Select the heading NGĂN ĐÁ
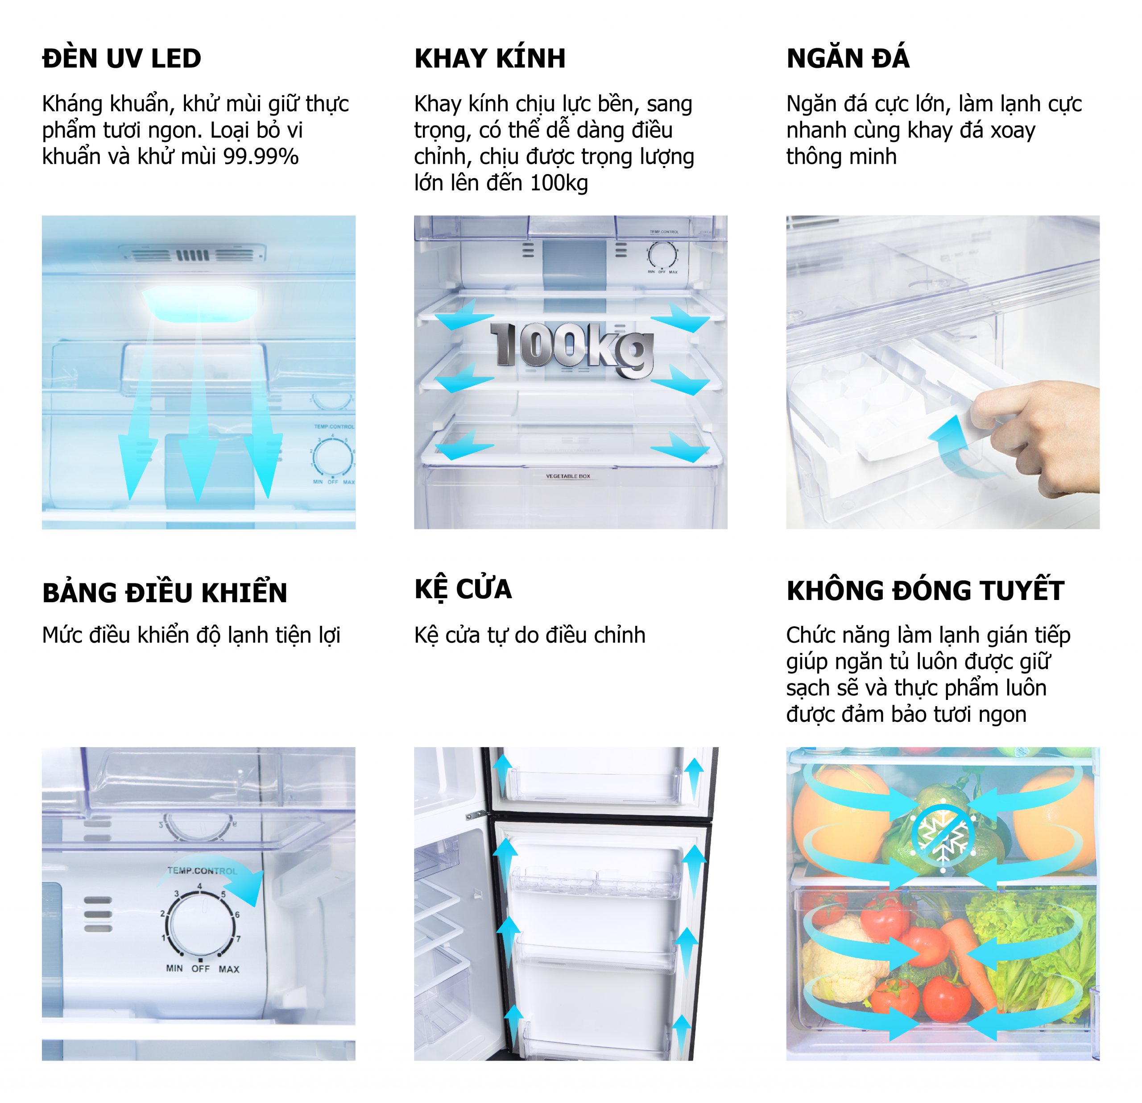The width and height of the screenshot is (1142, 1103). tap(848, 57)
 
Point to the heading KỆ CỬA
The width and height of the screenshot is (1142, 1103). tap(463, 589)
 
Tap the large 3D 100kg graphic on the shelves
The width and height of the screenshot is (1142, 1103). tap(572, 349)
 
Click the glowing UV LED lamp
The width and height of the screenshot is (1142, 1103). tap(200, 304)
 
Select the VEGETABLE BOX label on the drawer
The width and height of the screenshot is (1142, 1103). tap(568, 476)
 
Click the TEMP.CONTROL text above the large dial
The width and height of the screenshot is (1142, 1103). tap(202, 871)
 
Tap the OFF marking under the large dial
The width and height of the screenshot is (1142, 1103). tap(200, 968)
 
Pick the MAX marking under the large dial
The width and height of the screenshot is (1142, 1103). tap(229, 969)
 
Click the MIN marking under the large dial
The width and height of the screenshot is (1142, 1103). tap(174, 968)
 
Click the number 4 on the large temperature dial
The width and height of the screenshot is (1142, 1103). tap(199, 886)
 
